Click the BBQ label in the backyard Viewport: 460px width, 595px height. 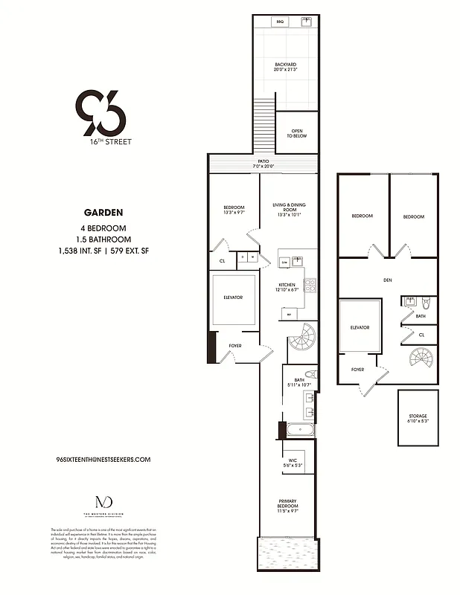point(280,22)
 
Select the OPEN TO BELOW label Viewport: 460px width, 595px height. point(296,134)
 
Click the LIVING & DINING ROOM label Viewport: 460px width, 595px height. point(289,208)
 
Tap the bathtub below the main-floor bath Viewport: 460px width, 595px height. point(298,428)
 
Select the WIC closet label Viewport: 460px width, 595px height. point(293,463)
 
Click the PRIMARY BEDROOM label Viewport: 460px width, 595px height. point(288,506)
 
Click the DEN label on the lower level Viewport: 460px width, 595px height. point(388,280)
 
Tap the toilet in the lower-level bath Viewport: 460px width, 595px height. point(426,303)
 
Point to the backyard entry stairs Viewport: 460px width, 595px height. point(264,127)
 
